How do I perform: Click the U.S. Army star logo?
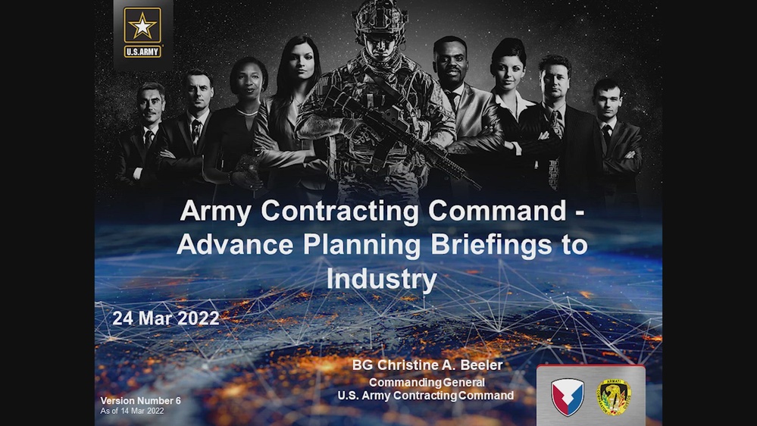[142, 32]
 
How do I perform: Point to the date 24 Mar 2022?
[166, 318]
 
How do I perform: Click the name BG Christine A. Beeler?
[427, 365]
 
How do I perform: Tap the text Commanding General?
[427, 383]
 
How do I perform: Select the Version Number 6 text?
[141, 400]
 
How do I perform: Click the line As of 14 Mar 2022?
[133, 411]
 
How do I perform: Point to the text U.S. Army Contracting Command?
[426, 396]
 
